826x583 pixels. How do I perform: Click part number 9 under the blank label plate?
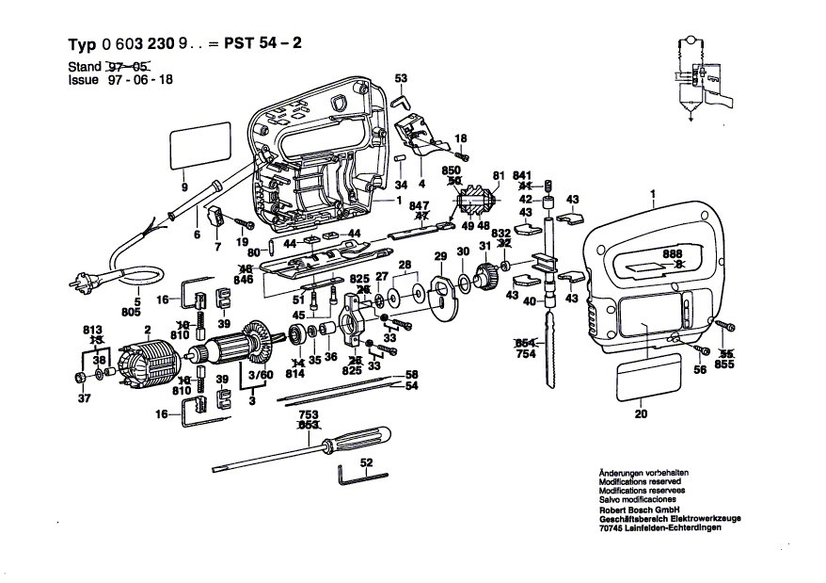[x=184, y=186]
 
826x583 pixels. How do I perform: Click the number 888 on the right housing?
[x=671, y=255]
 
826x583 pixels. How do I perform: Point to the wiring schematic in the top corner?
[x=696, y=75]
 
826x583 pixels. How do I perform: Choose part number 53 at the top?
[x=401, y=77]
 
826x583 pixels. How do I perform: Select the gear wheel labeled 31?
[x=487, y=276]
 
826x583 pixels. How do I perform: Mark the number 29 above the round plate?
[x=439, y=257]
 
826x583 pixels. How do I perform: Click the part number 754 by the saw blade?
[x=525, y=354]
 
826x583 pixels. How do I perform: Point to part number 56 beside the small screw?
[x=699, y=370]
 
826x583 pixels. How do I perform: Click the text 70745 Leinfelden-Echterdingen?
[x=659, y=528]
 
